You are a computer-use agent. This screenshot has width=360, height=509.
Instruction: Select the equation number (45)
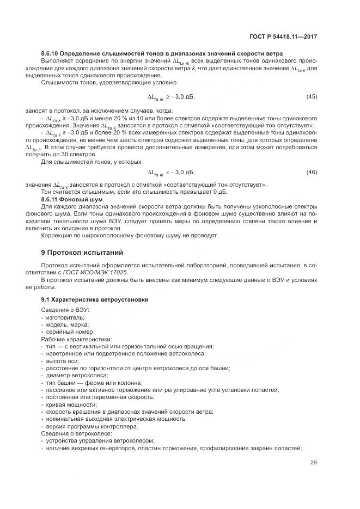click(x=312, y=96)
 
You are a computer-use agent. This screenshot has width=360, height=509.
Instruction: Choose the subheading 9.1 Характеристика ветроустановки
click(x=94, y=299)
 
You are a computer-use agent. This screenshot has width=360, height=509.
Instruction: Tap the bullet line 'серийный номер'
click(x=69, y=332)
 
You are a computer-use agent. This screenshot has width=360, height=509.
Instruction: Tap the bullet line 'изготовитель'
click(x=64, y=317)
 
